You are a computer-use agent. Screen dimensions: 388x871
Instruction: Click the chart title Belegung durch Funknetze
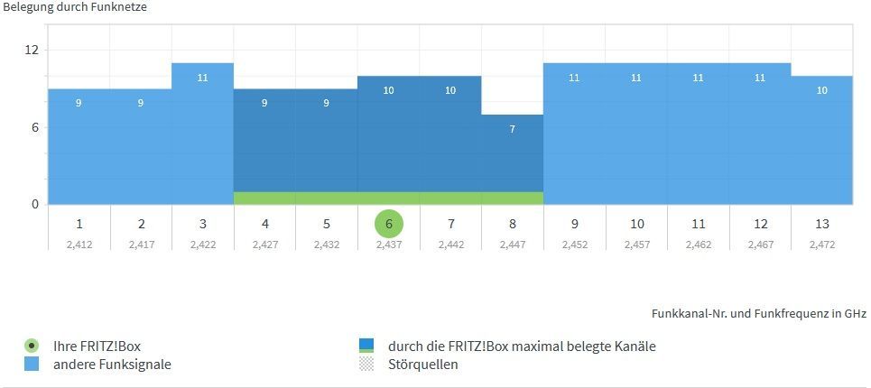(75, 7)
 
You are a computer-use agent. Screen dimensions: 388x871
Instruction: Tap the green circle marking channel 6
(388, 224)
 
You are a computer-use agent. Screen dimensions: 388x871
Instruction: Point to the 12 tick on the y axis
(32, 50)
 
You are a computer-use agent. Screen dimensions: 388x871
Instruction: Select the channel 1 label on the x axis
(79, 224)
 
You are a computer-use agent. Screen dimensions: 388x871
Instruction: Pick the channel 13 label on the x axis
(822, 224)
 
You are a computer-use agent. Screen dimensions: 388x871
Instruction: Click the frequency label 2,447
(512, 245)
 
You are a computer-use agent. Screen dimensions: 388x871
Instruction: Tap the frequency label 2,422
(202, 245)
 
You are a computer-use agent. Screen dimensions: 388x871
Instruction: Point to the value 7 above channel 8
(512, 129)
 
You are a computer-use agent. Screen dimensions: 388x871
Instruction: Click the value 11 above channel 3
(202, 78)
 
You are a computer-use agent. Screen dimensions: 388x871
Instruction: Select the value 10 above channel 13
(822, 90)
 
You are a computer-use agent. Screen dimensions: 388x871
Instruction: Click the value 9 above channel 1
(79, 103)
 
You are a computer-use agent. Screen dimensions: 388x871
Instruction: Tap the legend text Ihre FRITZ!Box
(97, 346)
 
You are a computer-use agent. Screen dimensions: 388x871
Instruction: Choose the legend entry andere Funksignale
(112, 365)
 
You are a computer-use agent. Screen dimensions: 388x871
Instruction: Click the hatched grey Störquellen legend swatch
(366, 365)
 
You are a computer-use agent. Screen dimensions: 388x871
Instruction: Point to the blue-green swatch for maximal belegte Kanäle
(366, 346)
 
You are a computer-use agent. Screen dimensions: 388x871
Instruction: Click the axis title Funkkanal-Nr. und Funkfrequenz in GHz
(758, 313)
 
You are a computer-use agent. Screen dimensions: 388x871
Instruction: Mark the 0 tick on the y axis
(35, 204)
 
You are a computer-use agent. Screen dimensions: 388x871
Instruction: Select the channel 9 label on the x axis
(574, 224)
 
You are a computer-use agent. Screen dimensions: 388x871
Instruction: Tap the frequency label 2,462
(698, 245)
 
